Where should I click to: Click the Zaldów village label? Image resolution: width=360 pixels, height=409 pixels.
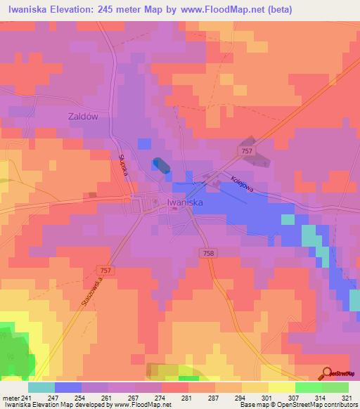click(88, 117)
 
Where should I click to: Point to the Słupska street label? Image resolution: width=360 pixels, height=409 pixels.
click(121, 167)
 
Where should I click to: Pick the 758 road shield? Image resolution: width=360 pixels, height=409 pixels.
click(210, 253)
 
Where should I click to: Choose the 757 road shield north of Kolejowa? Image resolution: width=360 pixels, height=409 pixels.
click(245, 151)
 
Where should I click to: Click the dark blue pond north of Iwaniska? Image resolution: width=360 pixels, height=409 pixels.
click(161, 164)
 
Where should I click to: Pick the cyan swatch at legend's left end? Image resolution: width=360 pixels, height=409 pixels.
click(41, 387)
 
